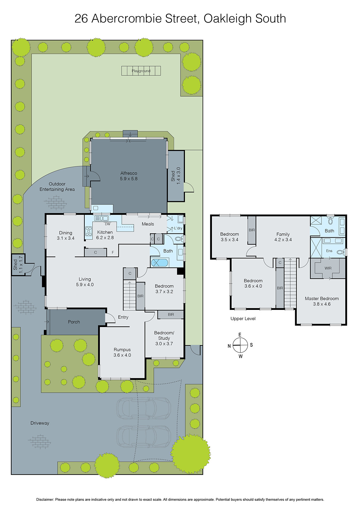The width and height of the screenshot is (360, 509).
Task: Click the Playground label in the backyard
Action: pyautogui.click(x=141, y=71)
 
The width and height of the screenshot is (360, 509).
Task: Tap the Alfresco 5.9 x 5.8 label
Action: pyautogui.click(x=129, y=176)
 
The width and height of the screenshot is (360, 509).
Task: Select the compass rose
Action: pyautogui.click(x=240, y=345)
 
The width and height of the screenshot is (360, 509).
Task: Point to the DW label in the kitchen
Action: pyautogui.click(x=108, y=224)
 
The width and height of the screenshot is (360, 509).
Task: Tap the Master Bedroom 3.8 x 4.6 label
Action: pyautogui.click(x=321, y=301)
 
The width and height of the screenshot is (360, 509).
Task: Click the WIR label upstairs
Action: pyautogui.click(x=328, y=268)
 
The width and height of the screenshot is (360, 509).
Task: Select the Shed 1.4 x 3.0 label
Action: pyautogui.click(x=176, y=176)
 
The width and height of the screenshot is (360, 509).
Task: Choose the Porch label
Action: pyautogui.click(x=74, y=322)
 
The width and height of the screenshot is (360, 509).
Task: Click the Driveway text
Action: pyautogui.click(x=40, y=423)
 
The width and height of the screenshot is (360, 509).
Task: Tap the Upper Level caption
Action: pyautogui.click(x=243, y=318)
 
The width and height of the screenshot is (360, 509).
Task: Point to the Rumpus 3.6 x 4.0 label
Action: pyautogui.click(x=122, y=352)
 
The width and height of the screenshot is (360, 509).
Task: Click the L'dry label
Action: pyautogui.click(x=178, y=228)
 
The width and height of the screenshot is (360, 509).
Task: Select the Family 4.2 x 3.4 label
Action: pyautogui.click(x=283, y=237)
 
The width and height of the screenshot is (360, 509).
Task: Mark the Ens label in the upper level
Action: pyautogui.click(x=329, y=251)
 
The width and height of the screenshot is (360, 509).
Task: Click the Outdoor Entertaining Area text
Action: pyautogui.click(x=57, y=186)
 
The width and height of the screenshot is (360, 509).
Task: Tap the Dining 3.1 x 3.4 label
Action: pyautogui.click(x=66, y=235)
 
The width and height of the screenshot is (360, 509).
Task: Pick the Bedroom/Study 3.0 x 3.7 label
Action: pyautogui.click(x=164, y=338)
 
